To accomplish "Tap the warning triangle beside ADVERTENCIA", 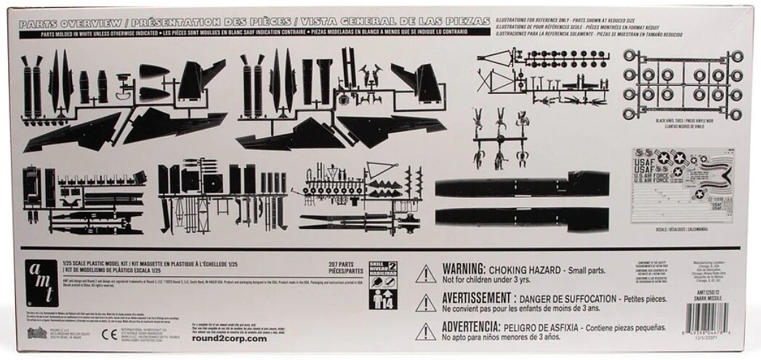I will (x=425, y=332).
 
